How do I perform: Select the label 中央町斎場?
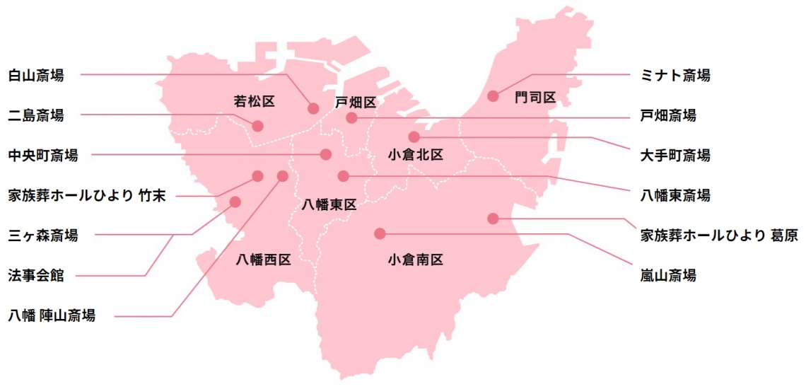coord(42,155)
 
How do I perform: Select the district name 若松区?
coord(254,102)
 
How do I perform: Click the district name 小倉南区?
coord(415,260)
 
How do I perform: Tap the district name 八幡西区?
coord(263,260)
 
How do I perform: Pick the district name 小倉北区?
coord(415,154)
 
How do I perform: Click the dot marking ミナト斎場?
coord(493,95)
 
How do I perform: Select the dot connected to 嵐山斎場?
coord(380,233)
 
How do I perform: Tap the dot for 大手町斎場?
coord(414,137)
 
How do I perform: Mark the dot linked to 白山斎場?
coord(313,108)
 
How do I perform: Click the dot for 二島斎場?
coord(257,126)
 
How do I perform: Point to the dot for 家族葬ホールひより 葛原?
coord(493,218)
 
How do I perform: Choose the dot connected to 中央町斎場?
coord(326,154)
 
